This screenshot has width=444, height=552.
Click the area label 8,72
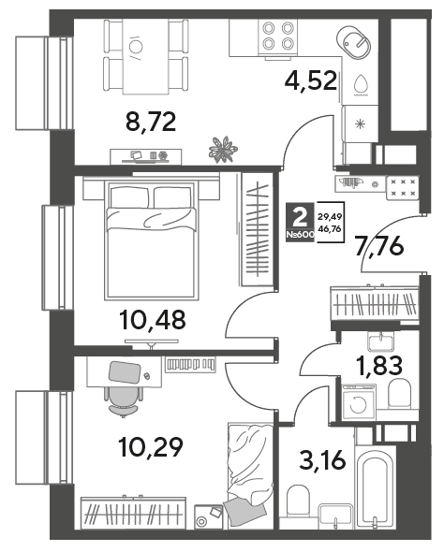151,123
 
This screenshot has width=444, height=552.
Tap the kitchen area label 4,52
311,80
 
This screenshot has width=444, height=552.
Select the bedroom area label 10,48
153,320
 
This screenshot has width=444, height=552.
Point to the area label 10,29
151,446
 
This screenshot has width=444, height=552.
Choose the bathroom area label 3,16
322,460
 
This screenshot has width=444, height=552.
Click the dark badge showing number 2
300,222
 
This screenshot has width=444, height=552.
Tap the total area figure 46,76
329,229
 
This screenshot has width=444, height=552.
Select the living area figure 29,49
329,217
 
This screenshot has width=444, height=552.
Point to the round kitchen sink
354,41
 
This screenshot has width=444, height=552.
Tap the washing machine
359,402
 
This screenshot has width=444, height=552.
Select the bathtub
376,487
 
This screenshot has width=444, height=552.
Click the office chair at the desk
124,400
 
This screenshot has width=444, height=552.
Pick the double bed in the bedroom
150,240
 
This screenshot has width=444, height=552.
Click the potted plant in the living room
223,150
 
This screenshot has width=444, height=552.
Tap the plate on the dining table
137,46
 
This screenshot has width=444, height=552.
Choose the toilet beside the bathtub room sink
298,501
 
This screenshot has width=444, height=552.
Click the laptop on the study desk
125,372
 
